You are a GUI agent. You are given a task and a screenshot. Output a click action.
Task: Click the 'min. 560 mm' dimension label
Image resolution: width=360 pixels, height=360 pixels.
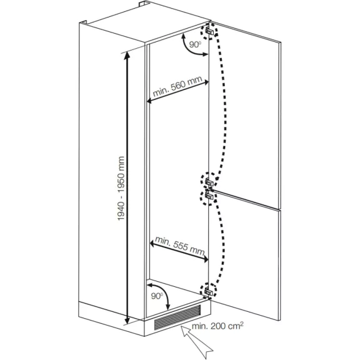point(177,86)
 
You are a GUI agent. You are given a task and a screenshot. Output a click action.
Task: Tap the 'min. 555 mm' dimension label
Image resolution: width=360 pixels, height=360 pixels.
point(180,246)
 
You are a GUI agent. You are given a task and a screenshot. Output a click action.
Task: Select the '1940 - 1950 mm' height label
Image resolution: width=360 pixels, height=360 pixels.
point(121,189)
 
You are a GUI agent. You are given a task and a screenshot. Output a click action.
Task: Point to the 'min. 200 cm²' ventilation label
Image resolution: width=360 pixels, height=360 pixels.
point(217,326)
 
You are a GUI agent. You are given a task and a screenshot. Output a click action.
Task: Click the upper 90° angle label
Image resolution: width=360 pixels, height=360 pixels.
point(195,44)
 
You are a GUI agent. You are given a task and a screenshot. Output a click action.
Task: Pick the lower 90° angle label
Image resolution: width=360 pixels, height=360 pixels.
point(157,296)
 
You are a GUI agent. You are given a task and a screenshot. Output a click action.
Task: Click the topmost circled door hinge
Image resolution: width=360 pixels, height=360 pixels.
point(209,31)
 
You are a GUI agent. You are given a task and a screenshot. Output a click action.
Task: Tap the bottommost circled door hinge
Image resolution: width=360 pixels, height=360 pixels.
point(209,291)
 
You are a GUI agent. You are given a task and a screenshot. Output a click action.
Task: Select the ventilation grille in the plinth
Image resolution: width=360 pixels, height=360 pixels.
point(177,317)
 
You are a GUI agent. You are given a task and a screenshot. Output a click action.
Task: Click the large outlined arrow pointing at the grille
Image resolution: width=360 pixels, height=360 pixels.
point(196,342)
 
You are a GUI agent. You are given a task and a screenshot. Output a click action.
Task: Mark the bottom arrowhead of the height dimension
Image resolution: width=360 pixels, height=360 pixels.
point(127,319)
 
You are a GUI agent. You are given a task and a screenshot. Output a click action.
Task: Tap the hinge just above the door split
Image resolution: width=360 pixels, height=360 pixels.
point(209,181)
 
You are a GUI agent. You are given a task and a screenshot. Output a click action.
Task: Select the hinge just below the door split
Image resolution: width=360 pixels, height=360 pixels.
point(209,197)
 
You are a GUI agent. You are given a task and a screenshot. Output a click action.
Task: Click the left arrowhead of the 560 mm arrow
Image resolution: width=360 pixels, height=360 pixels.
point(150,101)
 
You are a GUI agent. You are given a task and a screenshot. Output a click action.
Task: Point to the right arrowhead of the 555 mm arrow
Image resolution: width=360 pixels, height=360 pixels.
point(205,259)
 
